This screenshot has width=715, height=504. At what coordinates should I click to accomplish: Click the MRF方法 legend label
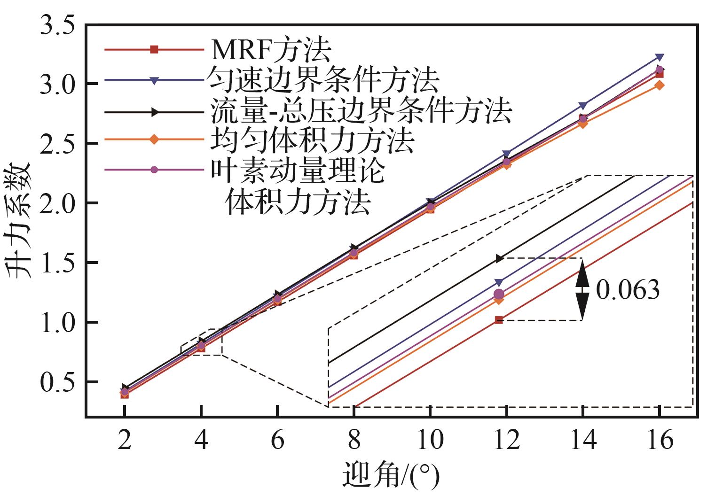(271, 49)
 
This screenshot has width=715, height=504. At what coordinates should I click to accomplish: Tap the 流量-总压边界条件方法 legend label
(361, 111)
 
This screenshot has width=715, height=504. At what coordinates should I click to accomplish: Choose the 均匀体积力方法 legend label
(313, 140)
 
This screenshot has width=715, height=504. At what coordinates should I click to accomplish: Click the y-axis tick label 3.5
(58, 24)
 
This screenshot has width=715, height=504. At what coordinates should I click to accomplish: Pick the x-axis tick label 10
(430, 442)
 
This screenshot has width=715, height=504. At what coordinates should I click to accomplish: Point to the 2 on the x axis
(125, 442)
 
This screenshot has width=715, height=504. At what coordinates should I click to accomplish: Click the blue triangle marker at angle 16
(660, 57)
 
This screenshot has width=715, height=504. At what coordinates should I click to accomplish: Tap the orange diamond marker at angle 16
(660, 85)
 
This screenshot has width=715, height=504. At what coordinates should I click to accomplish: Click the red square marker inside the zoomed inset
(499, 320)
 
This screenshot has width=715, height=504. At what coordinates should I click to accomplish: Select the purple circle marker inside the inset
(499, 294)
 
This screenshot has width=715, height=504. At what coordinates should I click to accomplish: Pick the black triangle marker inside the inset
(499, 258)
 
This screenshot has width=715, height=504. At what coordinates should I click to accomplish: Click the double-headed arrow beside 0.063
(582, 289)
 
